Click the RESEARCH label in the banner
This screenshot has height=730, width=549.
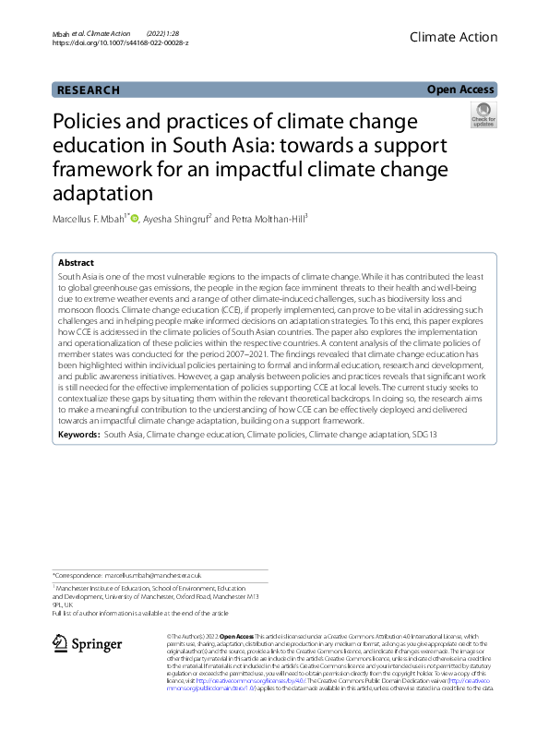point(89,90)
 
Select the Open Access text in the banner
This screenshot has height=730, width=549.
point(460,90)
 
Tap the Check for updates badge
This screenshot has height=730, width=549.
point(483,115)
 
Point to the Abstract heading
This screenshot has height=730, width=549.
point(75,263)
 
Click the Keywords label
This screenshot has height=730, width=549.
point(78,433)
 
